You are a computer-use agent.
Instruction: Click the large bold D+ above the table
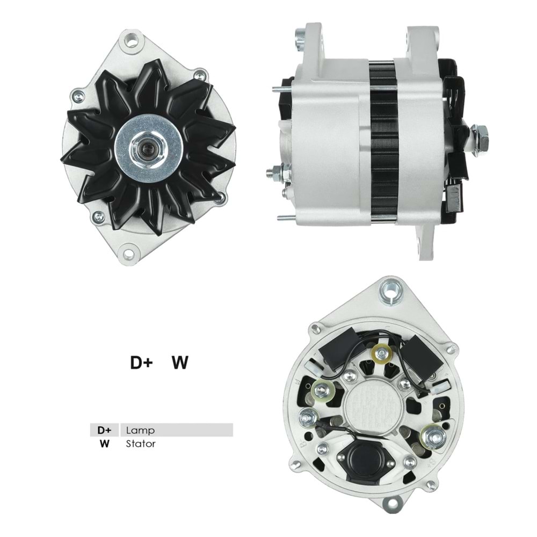(142, 363)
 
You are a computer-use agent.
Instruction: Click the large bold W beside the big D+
(180, 363)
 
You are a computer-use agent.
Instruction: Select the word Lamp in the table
(140, 430)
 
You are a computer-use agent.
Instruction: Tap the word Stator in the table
(141, 444)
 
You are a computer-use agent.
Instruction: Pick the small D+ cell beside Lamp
(104, 430)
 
